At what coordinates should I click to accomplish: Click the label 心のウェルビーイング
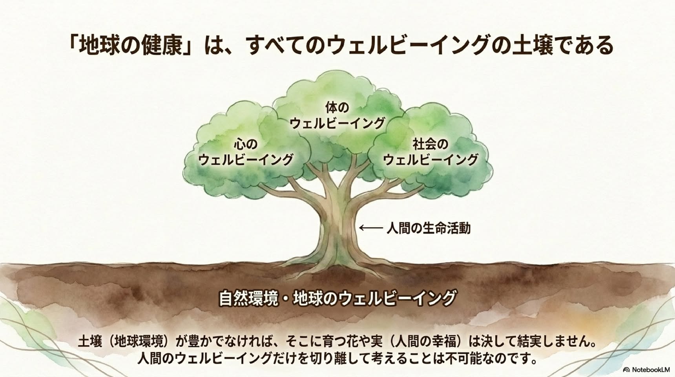(x=246, y=152)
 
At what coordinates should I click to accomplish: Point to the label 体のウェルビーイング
(x=337, y=115)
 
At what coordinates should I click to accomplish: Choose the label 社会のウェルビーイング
(x=431, y=152)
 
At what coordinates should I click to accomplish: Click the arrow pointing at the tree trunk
(x=371, y=227)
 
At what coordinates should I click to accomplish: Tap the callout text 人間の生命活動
(x=429, y=228)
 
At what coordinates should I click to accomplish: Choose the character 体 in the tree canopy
(x=331, y=107)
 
